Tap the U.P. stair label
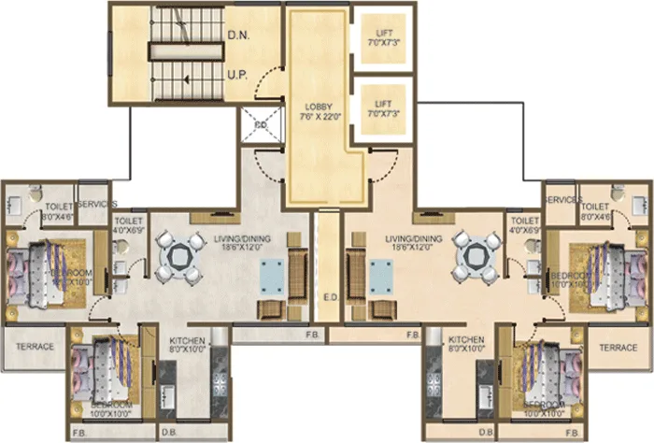[x=236, y=73]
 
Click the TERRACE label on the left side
[x=35, y=347]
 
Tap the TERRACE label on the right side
[x=618, y=347]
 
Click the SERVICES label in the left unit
[x=96, y=204]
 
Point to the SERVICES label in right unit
[x=562, y=200]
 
